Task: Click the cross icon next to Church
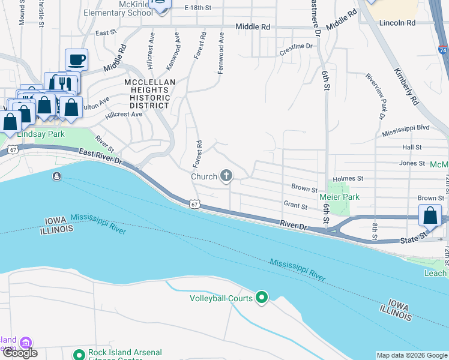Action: (x=226, y=176)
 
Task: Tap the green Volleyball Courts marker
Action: (x=262, y=298)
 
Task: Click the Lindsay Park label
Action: (x=40, y=134)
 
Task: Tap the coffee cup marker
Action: (x=76, y=60)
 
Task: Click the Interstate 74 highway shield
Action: (x=442, y=51)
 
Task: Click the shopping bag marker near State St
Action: (x=430, y=215)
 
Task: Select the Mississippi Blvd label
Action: (x=405, y=128)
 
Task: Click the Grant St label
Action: (x=295, y=206)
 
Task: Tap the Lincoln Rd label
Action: (x=397, y=22)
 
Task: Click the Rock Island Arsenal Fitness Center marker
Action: (x=79, y=355)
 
